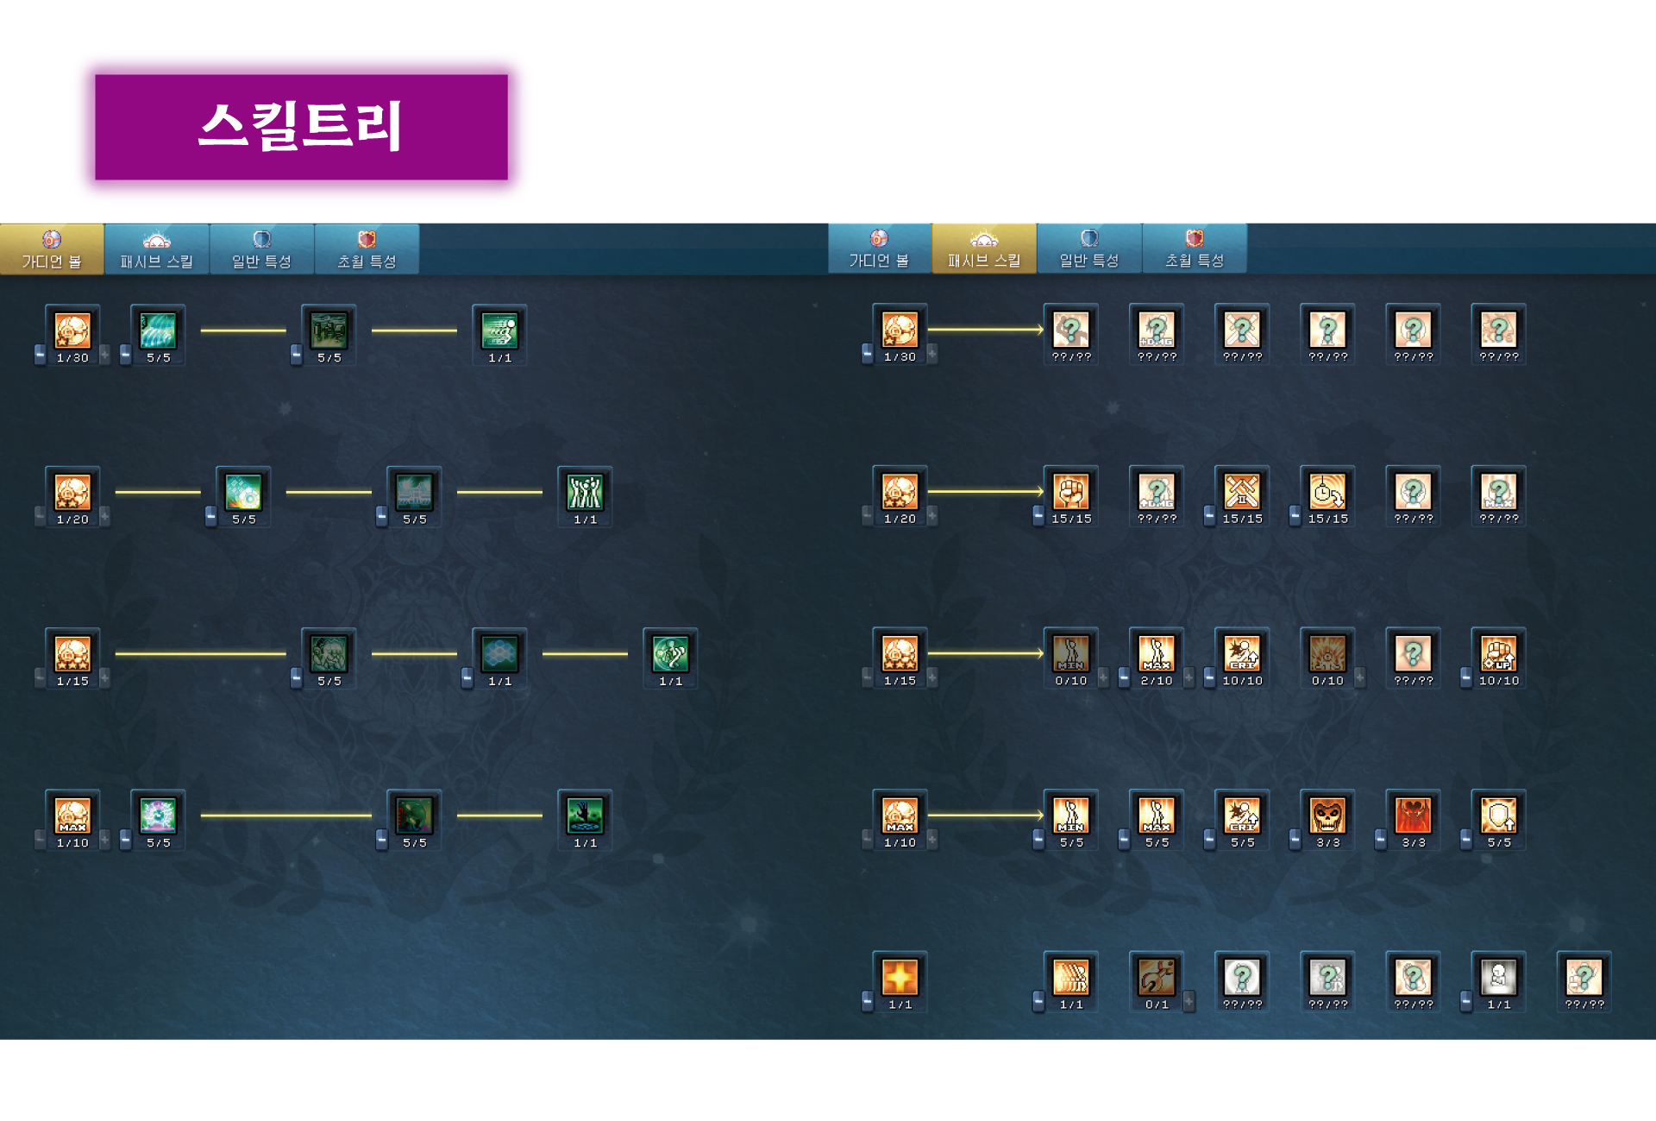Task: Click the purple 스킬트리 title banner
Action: pos(301,127)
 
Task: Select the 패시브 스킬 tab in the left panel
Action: pos(156,249)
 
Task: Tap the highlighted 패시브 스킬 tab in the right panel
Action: pos(983,249)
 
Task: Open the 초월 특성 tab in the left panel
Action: pos(367,249)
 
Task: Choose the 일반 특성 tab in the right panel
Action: pos(1088,249)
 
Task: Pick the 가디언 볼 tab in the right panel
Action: pos(879,249)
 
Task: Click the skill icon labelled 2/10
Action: pos(1156,653)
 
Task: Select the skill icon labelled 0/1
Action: pos(1156,977)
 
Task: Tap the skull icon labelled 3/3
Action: pos(1327,815)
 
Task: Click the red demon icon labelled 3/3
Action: pos(1413,815)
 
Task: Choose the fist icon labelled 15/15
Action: pos(1070,491)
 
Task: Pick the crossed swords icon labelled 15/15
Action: pos(1242,491)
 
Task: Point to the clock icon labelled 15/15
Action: pos(1327,491)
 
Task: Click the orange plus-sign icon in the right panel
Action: pos(900,977)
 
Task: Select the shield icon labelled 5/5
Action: pos(1498,815)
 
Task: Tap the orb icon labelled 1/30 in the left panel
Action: pos(72,330)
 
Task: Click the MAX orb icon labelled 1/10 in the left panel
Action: pos(72,815)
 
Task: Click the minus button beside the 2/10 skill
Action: pos(1124,678)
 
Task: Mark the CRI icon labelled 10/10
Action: pos(1242,653)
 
